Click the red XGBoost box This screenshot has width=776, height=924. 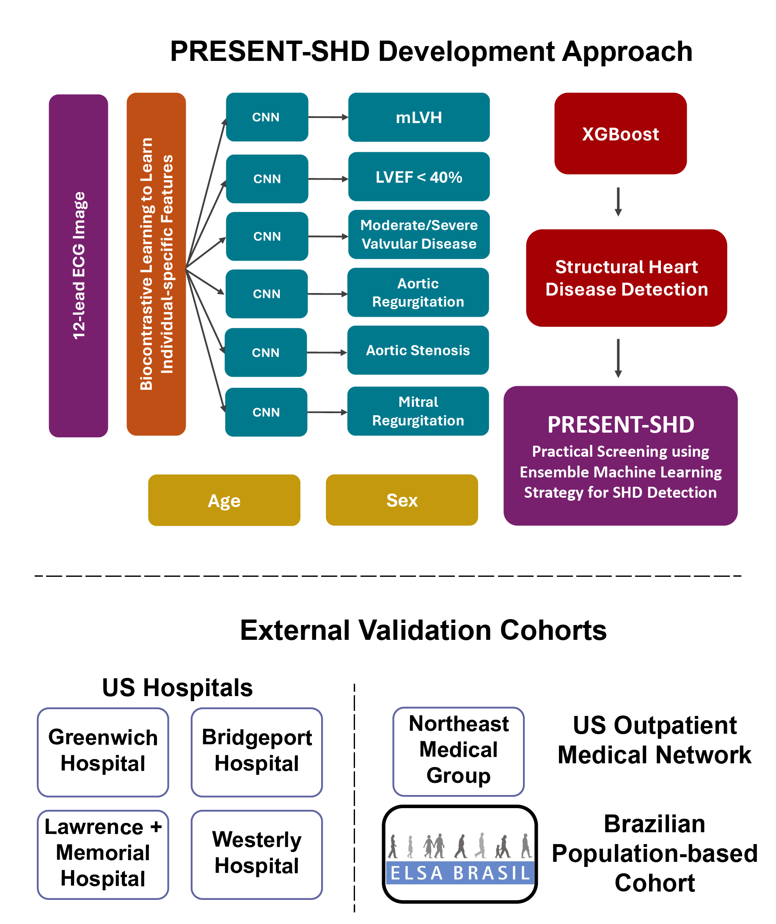point(620,133)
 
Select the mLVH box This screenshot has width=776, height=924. point(418,117)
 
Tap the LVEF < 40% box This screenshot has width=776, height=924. point(418,177)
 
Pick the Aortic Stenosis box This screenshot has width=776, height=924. point(418,350)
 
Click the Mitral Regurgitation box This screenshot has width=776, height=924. point(418,411)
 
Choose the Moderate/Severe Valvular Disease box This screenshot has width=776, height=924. point(418,235)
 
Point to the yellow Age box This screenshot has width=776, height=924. point(224,500)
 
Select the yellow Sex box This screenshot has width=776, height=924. point(402,500)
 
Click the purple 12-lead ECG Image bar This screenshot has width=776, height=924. point(78,265)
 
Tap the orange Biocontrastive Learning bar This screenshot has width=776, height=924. point(156,264)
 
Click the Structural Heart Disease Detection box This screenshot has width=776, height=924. point(626,278)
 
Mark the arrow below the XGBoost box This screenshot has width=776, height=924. point(618,202)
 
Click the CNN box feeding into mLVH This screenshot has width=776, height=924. point(267,117)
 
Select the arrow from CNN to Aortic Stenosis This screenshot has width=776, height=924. point(327,352)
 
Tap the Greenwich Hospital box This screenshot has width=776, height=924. point(103,752)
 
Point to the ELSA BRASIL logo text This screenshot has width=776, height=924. point(460,873)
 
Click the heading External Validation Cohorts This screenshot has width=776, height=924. point(423,630)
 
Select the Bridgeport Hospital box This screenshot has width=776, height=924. point(256,752)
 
